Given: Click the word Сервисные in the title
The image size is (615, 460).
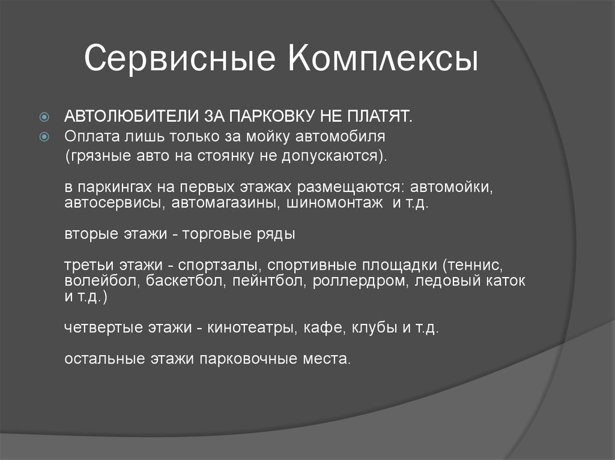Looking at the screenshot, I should point(180,61).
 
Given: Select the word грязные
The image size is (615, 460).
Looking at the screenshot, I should point(96,157).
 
